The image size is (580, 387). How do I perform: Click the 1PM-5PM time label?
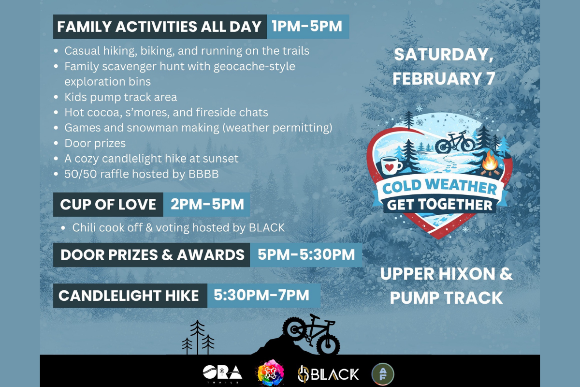pos(307,27)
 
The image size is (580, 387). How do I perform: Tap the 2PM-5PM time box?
pos(207,204)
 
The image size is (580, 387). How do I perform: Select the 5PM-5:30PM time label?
pos(306,254)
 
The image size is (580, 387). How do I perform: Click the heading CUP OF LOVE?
pos(108,204)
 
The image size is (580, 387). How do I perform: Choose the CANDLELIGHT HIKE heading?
pos(129,296)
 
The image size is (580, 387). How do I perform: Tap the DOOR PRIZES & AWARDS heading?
pos(152,255)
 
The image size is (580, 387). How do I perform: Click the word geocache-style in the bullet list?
pos(254,67)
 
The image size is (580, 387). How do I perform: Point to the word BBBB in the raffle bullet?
pos(203,174)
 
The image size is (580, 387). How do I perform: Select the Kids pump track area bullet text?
pos(121,97)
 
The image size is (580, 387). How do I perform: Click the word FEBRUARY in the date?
pos(437,78)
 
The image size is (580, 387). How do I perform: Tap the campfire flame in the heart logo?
pos(490,161)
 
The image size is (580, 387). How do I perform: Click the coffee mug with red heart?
pos(391,165)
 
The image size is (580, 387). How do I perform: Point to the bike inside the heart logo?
pos(455,142)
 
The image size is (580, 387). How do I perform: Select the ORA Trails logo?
pos(222,374)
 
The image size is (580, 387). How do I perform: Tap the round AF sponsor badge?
pos(383,374)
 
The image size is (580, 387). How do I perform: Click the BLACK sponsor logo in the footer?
pos(328,374)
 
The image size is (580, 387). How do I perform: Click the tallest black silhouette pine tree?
pos(197,337)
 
